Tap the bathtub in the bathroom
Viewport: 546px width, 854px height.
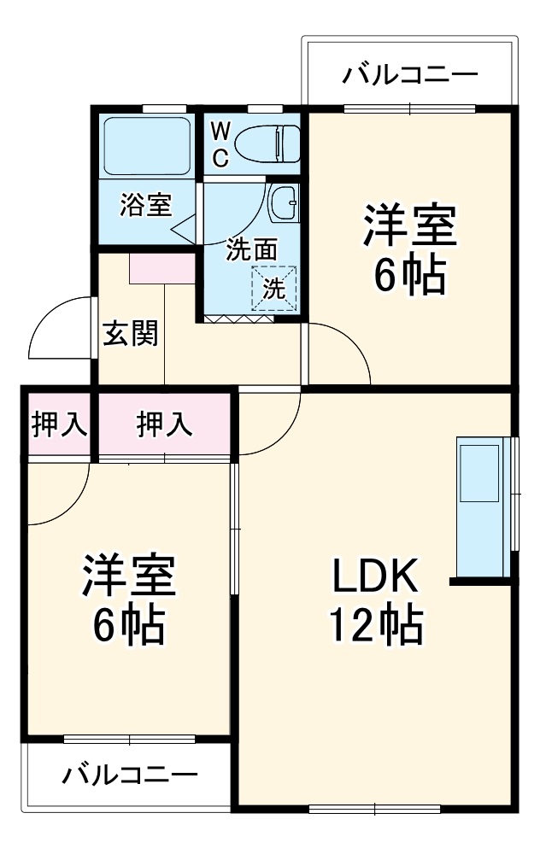(146, 146)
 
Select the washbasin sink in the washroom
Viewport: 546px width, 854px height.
(283, 203)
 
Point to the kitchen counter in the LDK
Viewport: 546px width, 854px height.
(484, 507)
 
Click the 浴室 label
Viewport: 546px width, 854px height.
(146, 205)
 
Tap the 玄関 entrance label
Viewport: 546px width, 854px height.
(130, 333)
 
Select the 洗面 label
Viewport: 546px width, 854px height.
(251, 249)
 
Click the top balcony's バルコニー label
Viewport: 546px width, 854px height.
(410, 76)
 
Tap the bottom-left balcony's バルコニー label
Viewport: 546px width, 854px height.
(129, 775)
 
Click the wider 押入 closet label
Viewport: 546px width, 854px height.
(165, 424)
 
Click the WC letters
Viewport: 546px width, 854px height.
(220, 143)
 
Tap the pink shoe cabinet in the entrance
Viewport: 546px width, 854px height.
(163, 268)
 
